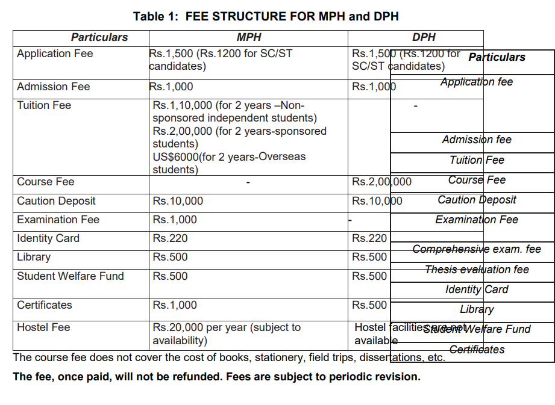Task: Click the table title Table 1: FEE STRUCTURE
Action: (x=266, y=16)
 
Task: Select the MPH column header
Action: (x=249, y=37)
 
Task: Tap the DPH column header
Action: (x=424, y=37)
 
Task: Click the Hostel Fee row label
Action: (x=43, y=327)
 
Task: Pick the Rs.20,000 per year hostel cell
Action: (x=227, y=334)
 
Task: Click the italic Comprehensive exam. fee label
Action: (x=477, y=249)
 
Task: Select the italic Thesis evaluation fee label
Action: (x=477, y=270)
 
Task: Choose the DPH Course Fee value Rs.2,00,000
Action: (x=382, y=182)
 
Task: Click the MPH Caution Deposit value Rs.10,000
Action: (x=178, y=201)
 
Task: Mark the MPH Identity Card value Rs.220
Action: (x=170, y=238)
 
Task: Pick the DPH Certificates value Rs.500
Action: (x=369, y=305)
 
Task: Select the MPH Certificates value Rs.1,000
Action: (x=175, y=305)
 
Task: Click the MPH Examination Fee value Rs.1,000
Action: (x=175, y=220)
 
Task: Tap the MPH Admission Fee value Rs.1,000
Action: (x=171, y=87)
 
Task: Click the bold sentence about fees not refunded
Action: (x=216, y=377)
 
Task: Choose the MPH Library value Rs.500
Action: (x=170, y=257)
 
